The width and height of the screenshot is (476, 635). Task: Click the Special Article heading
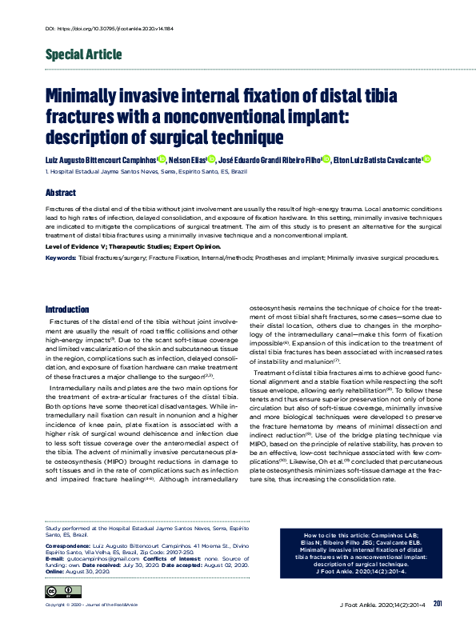click(83, 55)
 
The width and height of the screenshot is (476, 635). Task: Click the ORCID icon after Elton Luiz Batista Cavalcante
click(426, 159)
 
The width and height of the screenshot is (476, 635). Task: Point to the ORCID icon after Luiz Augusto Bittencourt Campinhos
click(162, 159)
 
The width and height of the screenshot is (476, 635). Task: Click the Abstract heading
click(61, 194)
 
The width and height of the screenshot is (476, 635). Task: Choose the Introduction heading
click(67, 309)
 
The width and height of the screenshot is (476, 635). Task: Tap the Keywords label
click(61, 258)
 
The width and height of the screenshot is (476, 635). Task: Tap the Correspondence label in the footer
click(66, 546)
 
